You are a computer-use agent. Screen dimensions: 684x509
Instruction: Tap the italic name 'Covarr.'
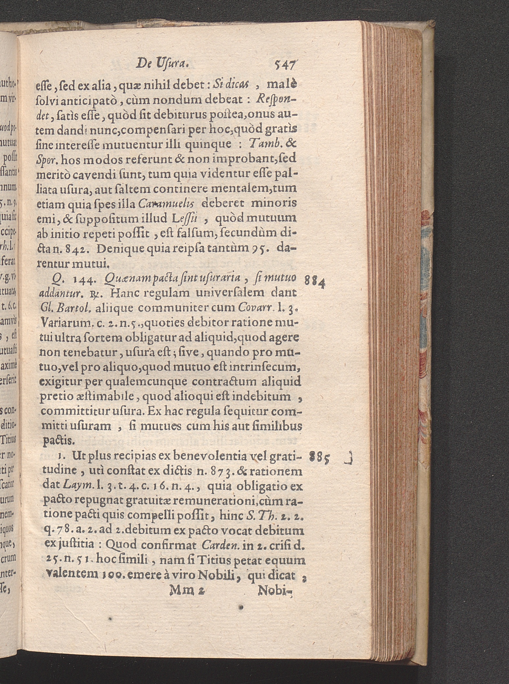pos(256,307)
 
